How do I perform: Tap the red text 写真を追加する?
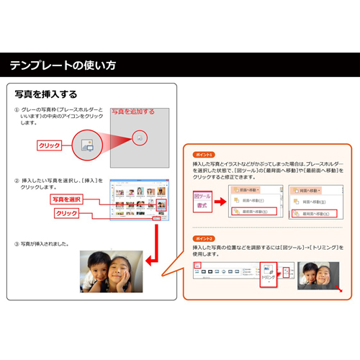132,112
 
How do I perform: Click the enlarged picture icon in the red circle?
140,137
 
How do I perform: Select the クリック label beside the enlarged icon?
50,145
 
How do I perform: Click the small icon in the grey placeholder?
87,144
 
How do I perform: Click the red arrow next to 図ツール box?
222,199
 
